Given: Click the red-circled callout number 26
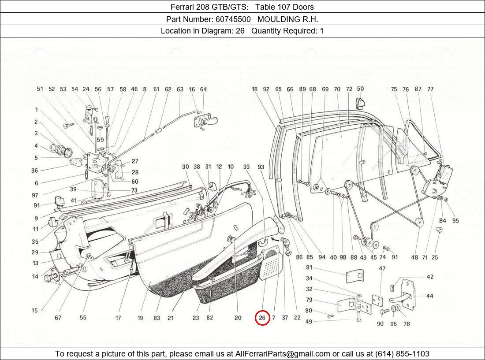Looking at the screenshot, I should tap(262, 317).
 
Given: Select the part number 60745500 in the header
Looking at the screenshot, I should tap(233, 19).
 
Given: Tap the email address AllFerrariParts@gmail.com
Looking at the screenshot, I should tap(283, 354).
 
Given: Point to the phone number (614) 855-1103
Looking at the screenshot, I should tap(402, 354).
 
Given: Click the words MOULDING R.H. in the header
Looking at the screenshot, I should tap(287, 19).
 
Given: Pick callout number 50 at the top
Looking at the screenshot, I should tap(360, 89).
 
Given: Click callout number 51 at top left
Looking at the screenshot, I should tap(40, 89).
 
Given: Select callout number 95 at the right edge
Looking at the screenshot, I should tap(455, 220).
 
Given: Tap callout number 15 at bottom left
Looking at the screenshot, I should tap(34, 311).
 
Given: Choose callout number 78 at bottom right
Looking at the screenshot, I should tap(406, 323).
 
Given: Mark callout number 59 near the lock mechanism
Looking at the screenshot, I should tap(100, 140).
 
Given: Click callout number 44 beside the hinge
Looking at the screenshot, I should tap(429, 296).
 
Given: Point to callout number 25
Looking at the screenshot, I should tap(435, 257).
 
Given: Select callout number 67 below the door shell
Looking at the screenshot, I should tap(58, 317).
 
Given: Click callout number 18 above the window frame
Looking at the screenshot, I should tap(254, 89).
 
